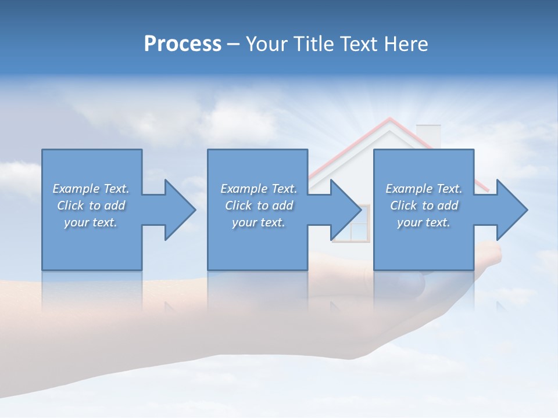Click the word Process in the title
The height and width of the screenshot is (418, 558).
click(183, 44)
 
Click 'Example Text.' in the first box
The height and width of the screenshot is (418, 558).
click(91, 189)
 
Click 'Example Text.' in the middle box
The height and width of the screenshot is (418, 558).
click(259, 189)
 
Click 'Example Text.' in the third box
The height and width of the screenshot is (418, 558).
click(424, 189)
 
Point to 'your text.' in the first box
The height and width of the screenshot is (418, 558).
click(91, 222)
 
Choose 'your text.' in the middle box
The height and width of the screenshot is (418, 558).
click(258, 222)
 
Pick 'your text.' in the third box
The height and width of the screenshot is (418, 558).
click(423, 222)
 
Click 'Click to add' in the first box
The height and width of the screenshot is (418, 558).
click(91, 206)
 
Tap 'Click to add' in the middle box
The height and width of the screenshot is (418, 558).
click(259, 206)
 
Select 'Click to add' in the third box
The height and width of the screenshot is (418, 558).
click(424, 206)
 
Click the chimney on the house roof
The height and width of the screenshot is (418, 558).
click(429, 135)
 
